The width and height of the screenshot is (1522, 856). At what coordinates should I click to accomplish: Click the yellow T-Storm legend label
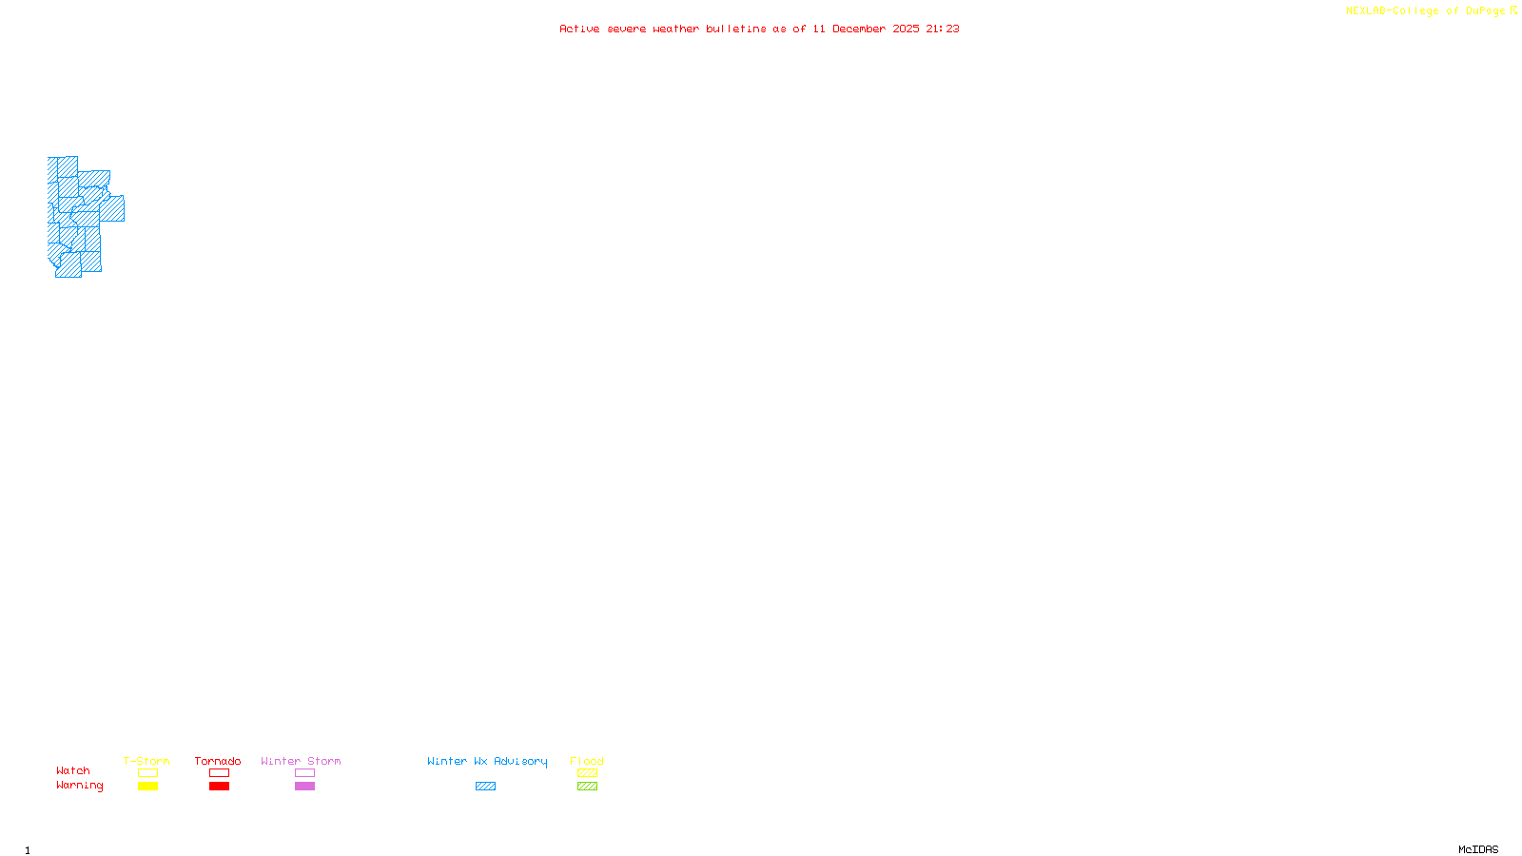[x=146, y=761]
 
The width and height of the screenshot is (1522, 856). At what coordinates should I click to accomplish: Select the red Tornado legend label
[x=218, y=761]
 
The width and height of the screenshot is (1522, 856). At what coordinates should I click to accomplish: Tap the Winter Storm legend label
[x=301, y=761]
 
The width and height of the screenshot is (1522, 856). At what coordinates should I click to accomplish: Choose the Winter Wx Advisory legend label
[x=487, y=761]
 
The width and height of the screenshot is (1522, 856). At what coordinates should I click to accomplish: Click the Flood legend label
[x=587, y=761]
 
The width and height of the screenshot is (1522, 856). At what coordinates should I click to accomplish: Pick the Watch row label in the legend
[x=73, y=771]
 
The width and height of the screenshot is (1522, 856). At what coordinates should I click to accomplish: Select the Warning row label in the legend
[x=80, y=786]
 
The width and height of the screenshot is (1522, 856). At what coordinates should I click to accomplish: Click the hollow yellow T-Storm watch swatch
[x=147, y=773]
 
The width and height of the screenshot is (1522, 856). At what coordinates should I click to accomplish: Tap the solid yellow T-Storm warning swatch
[x=147, y=787]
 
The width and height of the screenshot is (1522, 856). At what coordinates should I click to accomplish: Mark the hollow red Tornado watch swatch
[x=219, y=773]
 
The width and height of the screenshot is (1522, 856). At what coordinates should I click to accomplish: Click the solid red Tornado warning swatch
[x=219, y=787]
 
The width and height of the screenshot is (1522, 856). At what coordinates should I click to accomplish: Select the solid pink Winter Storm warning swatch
[x=304, y=787]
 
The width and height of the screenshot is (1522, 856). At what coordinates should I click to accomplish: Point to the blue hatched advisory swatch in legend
[x=485, y=787]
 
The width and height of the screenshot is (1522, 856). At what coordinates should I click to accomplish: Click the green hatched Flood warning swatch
[x=587, y=787]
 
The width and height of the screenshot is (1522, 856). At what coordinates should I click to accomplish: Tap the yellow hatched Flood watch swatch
[x=587, y=773]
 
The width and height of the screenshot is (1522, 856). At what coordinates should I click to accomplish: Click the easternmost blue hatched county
[x=112, y=208]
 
